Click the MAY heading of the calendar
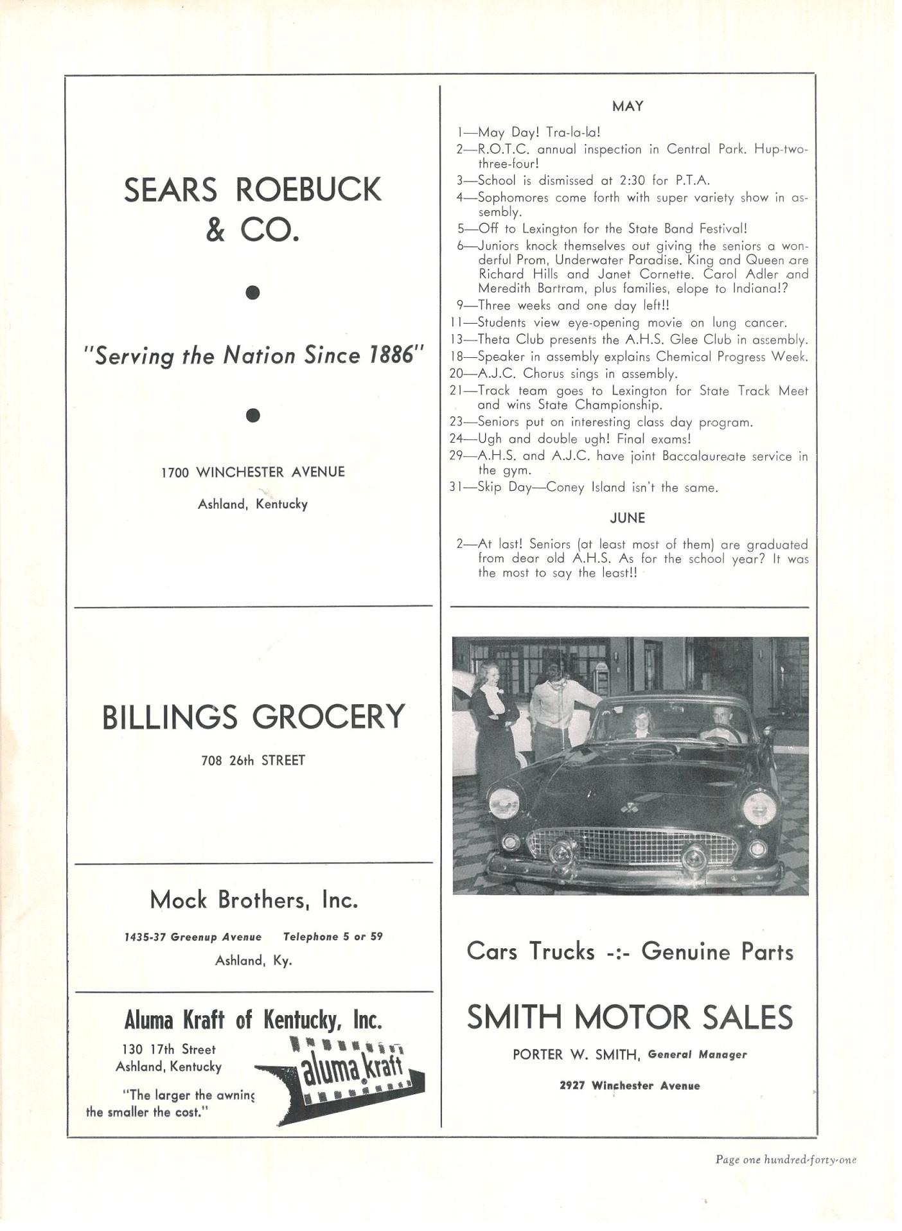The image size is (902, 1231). (x=627, y=107)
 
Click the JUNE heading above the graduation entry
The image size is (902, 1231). (x=627, y=518)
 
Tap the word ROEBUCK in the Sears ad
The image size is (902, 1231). (x=309, y=190)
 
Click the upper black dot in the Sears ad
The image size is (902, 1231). (x=253, y=293)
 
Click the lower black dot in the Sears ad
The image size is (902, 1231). (x=253, y=416)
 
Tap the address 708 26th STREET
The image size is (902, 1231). (x=253, y=761)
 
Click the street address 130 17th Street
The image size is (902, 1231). (x=169, y=1049)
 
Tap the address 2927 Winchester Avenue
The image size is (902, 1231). (x=629, y=1086)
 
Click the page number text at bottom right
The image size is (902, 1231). (x=786, y=1160)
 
